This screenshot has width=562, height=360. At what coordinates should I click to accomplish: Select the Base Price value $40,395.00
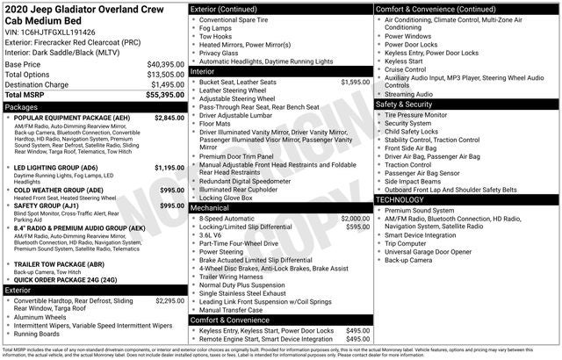(164, 65)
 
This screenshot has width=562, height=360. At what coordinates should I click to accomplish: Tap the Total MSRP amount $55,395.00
(164, 94)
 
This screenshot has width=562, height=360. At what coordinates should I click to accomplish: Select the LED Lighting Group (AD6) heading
(56, 168)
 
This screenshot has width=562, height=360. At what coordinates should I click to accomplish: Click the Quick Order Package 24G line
(66, 280)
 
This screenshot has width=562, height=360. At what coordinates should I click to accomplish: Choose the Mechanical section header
(213, 208)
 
